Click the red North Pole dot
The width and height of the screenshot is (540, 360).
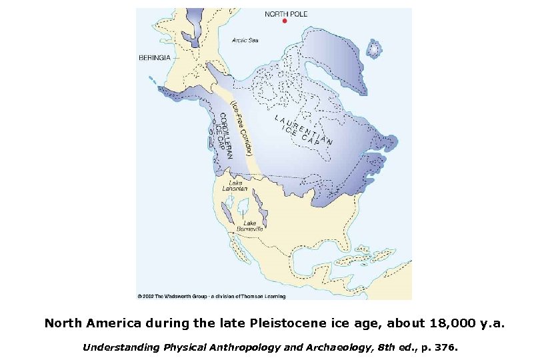285,21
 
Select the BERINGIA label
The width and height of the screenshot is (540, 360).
154,57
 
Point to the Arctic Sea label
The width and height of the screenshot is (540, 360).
245,40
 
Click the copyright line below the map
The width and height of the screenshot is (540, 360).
211,296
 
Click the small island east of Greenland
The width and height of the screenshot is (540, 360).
375,48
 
